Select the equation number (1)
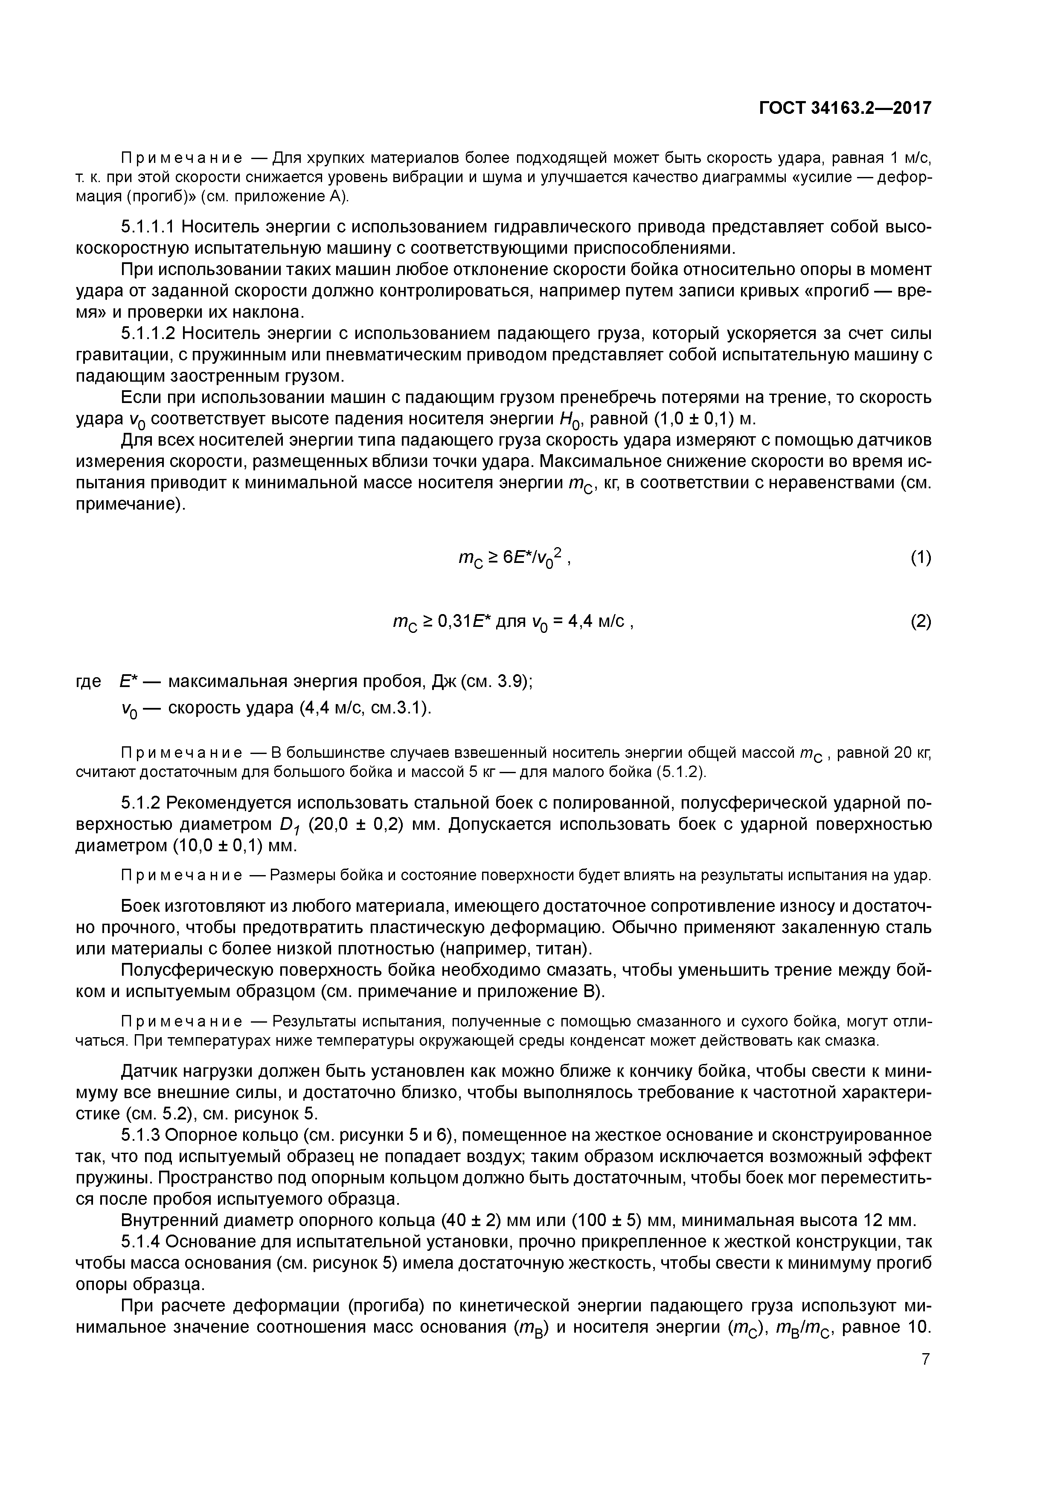(921, 558)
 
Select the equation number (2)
(921, 622)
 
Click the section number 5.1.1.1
(148, 227)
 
